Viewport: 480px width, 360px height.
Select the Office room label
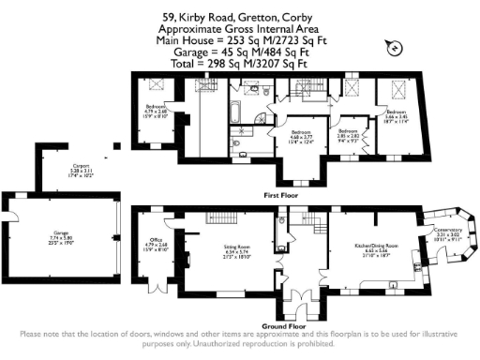(157, 246)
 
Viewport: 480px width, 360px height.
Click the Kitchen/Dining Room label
(375, 249)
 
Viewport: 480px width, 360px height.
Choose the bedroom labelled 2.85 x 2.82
(349, 136)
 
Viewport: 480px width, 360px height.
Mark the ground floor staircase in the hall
(320, 226)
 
